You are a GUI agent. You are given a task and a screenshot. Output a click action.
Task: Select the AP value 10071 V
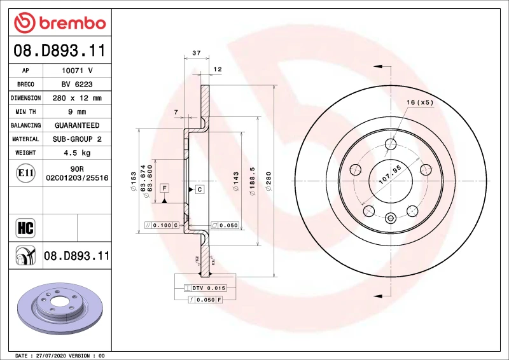coord(77,71)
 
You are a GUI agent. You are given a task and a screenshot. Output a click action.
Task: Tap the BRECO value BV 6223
coord(77,85)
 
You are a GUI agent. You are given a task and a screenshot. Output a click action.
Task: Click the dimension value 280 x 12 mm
coord(77,99)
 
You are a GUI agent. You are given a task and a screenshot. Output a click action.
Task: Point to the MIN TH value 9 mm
coord(77,112)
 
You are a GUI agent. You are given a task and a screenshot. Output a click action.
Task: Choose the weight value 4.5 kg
coord(77,153)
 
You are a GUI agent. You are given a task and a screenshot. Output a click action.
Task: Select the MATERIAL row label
coord(25,139)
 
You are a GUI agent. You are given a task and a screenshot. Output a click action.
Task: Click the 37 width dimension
coord(196,53)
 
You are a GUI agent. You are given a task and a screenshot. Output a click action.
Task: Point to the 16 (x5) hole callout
coord(420,102)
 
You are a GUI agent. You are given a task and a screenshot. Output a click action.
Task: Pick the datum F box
coord(164,188)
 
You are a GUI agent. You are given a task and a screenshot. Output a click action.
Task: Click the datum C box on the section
coord(199,190)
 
